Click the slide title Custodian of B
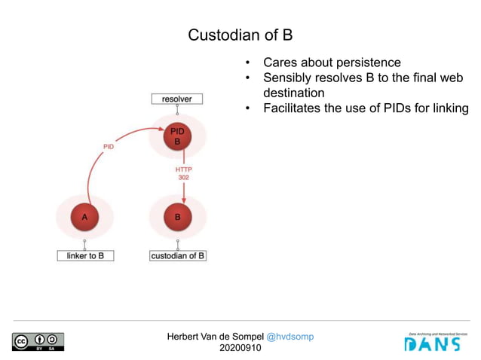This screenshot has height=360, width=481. (240, 35)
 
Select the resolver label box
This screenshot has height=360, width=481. (176, 99)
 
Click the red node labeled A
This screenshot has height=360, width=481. (85, 217)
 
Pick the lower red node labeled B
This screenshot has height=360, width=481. (177, 217)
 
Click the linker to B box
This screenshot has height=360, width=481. (85, 255)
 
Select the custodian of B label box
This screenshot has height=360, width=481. (178, 255)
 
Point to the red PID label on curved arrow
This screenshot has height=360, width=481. (108, 147)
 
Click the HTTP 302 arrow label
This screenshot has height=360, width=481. (183, 173)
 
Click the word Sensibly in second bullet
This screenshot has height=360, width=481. (287, 78)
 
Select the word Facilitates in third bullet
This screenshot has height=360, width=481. (295, 108)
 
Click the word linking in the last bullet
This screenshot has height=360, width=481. (449, 108)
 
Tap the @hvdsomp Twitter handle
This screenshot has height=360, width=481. (290, 336)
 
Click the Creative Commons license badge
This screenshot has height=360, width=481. (38, 341)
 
